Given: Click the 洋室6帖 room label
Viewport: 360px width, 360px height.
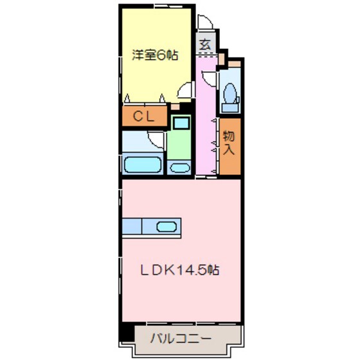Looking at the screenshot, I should click(x=154, y=56).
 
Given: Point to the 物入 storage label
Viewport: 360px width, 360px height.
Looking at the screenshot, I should click(x=229, y=144).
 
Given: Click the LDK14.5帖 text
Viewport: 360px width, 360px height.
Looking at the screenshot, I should click(x=181, y=270).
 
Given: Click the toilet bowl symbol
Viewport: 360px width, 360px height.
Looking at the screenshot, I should click(x=228, y=94).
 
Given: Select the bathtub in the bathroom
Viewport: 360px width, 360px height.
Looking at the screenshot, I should click(x=142, y=165).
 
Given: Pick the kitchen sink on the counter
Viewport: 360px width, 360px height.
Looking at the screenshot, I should click(x=166, y=226).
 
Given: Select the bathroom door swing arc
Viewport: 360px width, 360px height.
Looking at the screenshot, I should click(x=154, y=137).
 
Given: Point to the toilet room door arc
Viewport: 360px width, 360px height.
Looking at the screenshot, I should click(x=210, y=80).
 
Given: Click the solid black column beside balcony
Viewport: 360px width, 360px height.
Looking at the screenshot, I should click(x=126, y=335).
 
